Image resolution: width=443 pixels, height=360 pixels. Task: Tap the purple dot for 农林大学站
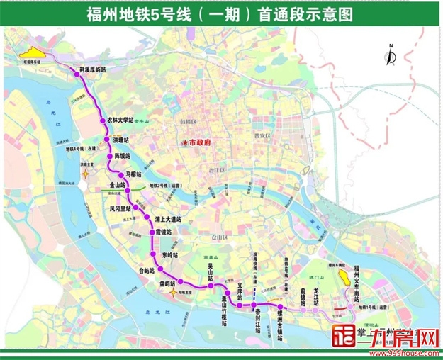point(103,121)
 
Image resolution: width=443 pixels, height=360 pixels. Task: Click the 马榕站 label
point(134,173)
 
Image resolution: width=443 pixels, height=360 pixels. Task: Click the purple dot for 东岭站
point(153,254)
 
